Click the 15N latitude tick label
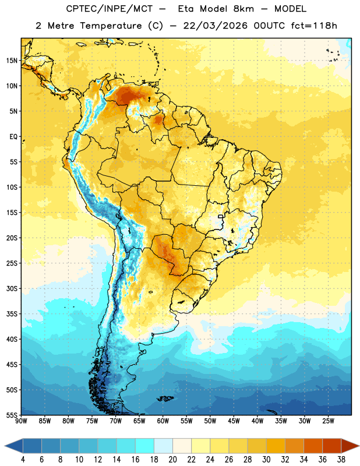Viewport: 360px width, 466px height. tap(12, 61)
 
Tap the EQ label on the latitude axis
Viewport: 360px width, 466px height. tap(13, 137)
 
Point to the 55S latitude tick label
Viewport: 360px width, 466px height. tap(12, 415)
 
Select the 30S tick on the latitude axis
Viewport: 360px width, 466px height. tap(12, 288)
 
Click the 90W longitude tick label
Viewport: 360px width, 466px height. tap(21, 421)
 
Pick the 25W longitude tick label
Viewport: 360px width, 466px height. tap(328, 421)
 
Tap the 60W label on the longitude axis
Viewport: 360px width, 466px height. tap(163, 421)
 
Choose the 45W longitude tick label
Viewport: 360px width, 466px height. tap(234, 421)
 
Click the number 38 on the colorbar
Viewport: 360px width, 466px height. tap(341, 460)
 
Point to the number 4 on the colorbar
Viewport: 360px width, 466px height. tap(23, 460)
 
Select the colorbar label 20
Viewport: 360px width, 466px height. tap(172, 460)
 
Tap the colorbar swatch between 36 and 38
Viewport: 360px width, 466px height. tap(332, 446)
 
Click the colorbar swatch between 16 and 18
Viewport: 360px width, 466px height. tap(145, 446)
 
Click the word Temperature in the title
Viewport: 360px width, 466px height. tap(111, 26)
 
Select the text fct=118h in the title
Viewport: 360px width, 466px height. tap(314, 26)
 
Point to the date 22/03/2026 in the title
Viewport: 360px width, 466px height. tap(215, 26)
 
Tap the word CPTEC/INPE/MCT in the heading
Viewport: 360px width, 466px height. tap(110, 9)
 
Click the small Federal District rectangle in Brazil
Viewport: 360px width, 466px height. tap(221, 217)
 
